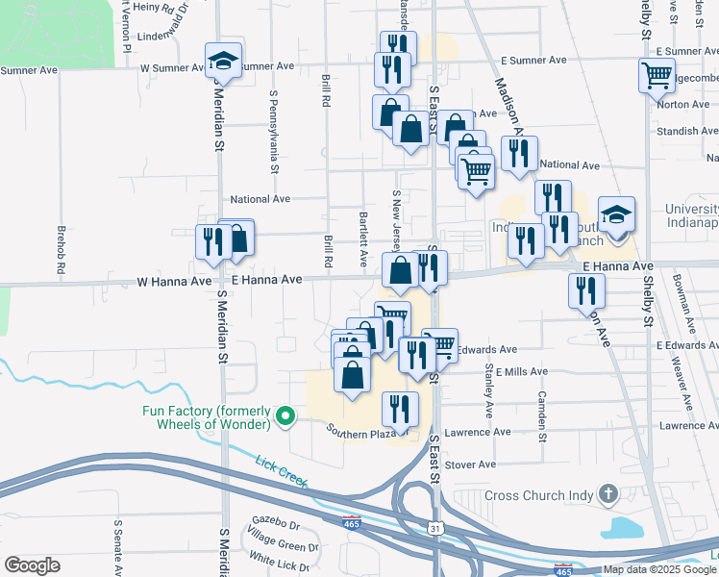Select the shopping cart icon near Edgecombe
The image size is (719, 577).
click(657, 73)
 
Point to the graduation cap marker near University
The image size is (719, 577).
click(616, 215)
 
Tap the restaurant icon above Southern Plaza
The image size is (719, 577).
click(400, 408)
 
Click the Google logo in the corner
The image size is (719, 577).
click(33, 564)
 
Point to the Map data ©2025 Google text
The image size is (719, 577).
click(659, 569)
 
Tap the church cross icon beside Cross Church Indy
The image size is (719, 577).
click(607, 495)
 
